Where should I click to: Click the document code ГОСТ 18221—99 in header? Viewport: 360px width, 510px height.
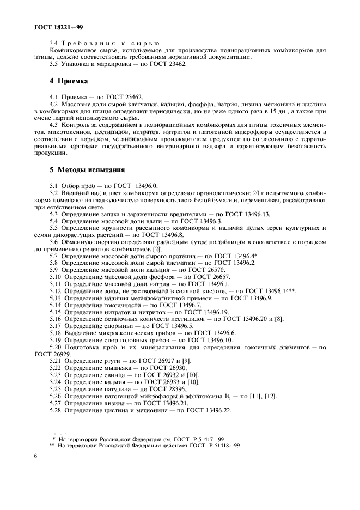pos(52,26)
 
